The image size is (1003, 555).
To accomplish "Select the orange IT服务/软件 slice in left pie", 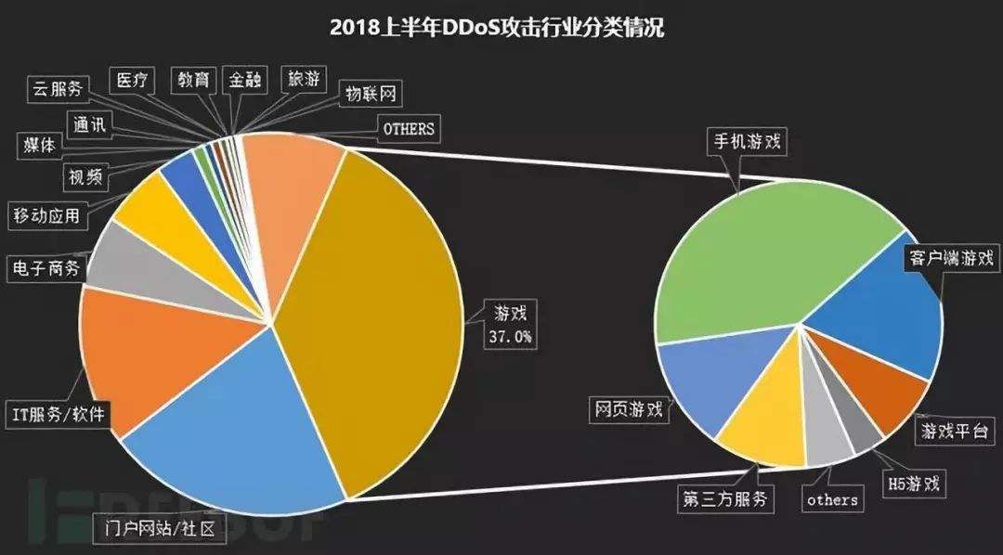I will point(139,353).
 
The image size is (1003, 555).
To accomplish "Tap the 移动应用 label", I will point(46,216).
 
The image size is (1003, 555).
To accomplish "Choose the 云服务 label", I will point(57,89).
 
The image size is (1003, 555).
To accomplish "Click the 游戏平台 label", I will point(955,432).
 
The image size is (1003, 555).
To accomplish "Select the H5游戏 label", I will point(912,484).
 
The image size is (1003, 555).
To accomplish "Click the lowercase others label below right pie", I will point(831,499).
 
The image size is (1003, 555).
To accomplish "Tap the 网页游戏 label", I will point(630,409).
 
